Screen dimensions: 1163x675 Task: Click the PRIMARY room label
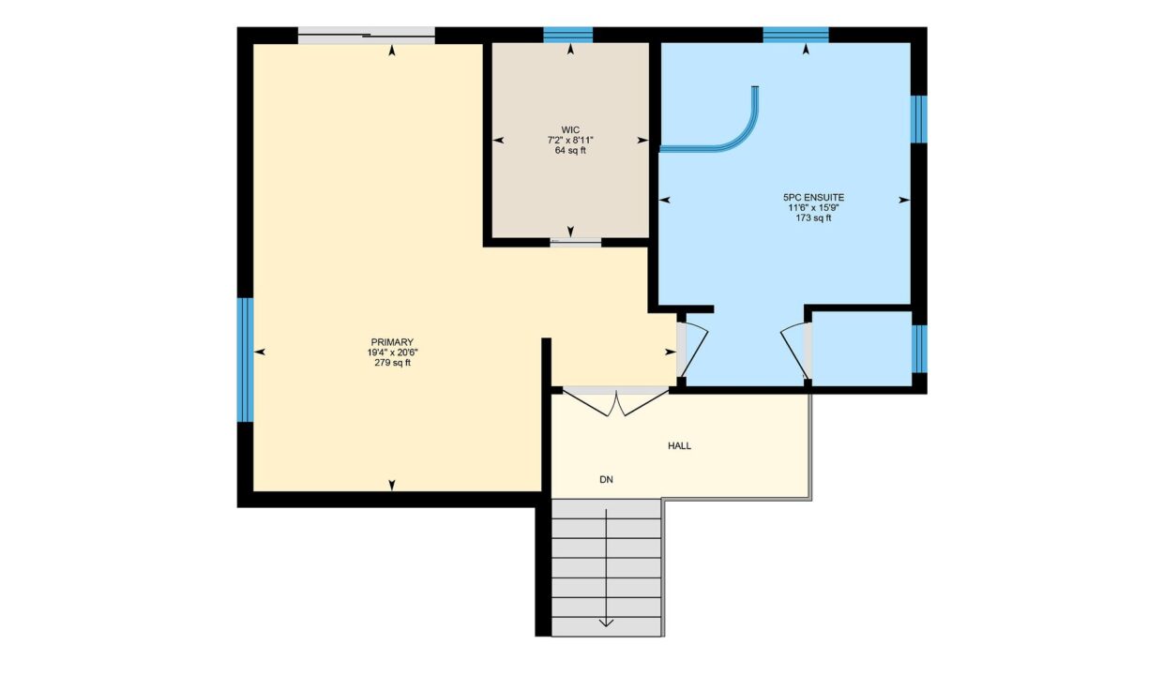pos(392,342)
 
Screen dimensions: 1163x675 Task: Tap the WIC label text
pos(570,129)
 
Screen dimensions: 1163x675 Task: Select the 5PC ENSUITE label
pos(813,198)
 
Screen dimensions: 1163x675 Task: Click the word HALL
pos(679,445)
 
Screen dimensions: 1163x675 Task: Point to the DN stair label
pos(606,480)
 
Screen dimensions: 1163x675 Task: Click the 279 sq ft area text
pos(392,363)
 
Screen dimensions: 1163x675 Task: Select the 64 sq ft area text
pos(570,150)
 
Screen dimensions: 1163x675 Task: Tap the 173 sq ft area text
pos(813,218)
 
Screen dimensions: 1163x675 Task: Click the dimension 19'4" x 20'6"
pos(392,352)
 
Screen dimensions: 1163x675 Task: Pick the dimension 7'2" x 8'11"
pos(570,140)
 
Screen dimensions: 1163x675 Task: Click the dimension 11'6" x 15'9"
pos(813,208)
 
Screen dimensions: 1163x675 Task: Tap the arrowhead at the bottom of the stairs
pos(606,623)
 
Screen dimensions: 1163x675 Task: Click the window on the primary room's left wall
pos(246,360)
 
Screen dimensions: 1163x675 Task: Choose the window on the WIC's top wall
pos(568,35)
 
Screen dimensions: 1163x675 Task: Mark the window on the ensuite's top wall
pos(796,35)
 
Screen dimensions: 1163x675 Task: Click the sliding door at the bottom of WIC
pos(576,242)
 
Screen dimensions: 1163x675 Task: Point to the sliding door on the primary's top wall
pos(367,36)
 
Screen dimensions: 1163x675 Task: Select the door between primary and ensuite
pos(691,350)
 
